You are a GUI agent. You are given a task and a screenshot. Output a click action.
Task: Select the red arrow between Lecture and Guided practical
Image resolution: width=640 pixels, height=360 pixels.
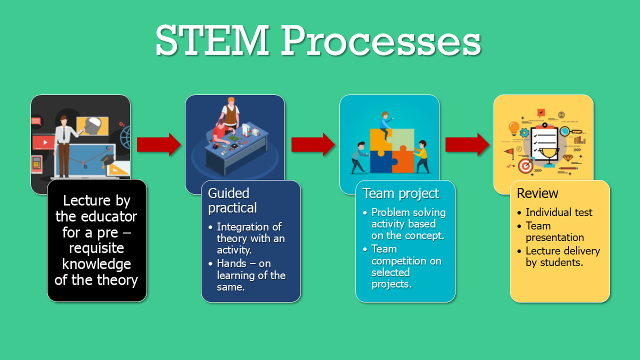pos(158,144)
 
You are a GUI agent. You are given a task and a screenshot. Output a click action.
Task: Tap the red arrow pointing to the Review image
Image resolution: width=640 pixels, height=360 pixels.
pos(467,144)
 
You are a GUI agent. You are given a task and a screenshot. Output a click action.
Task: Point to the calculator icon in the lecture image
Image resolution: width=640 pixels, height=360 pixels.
pos(36,163)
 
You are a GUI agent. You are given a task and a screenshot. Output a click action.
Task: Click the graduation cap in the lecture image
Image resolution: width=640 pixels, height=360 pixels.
pos(109,161)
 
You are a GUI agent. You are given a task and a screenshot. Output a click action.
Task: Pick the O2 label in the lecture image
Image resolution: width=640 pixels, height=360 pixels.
pos(121,124)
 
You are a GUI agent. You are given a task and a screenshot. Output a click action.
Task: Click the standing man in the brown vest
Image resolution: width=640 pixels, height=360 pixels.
pos(230,113)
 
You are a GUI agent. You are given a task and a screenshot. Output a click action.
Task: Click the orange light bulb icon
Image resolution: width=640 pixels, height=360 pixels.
pos(513,128)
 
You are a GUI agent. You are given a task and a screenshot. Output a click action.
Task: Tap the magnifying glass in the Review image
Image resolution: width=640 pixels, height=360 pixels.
pos(566,132)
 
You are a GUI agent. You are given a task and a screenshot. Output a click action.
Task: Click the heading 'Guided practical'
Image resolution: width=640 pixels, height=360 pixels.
pos(232,200)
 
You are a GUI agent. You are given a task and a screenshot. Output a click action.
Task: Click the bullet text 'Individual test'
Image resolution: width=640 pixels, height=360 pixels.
pos(558,212)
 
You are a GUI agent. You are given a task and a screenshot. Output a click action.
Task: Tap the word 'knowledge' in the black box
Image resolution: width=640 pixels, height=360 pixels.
pos(96,263)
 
